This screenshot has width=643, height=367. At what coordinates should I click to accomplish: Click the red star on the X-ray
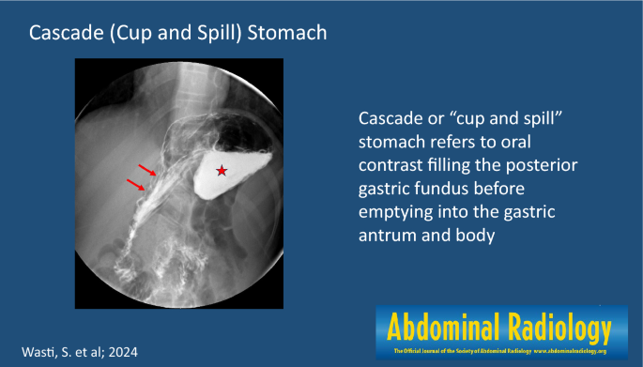pyautogui.click(x=222, y=170)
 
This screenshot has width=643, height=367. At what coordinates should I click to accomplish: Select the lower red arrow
pyautogui.click(x=135, y=187)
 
